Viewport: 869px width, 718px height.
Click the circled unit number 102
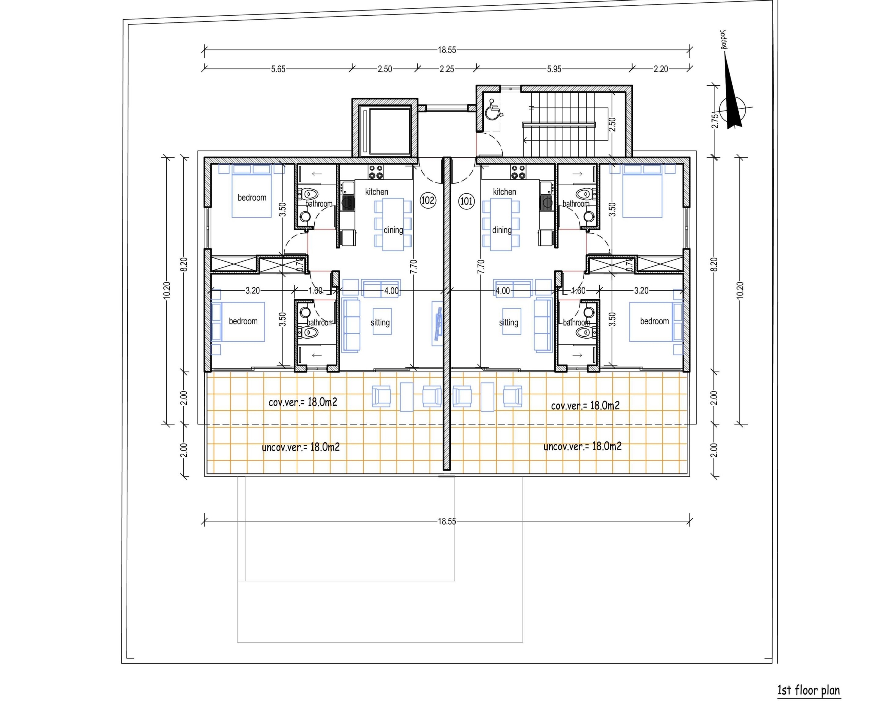point(427,201)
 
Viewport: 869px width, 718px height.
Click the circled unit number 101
point(466,202)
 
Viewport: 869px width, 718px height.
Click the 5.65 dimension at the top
point(278,69)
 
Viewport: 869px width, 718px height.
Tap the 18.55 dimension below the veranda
point(447,521)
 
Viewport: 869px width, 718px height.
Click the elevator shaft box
point(385,128)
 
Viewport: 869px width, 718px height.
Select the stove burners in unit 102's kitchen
point(376,172)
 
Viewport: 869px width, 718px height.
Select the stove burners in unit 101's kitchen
point(518,172)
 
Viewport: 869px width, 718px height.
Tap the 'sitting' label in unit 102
point(380,323)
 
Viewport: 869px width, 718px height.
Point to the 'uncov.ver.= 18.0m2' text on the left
point(301,447)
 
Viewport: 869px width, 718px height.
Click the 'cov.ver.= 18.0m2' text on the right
point(585,406)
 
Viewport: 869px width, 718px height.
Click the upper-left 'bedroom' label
point(252,198)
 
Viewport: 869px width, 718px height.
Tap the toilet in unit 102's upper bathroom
point(309,193)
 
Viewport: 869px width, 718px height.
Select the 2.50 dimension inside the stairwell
point(612,125)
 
